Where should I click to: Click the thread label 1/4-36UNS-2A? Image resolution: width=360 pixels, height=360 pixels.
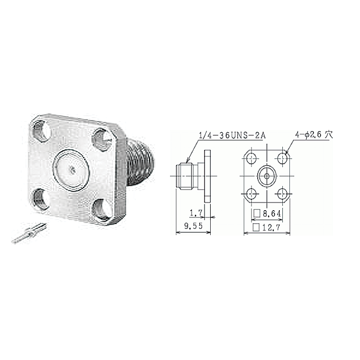[232, 136]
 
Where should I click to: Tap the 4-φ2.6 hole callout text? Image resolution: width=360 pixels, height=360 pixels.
[313, 135]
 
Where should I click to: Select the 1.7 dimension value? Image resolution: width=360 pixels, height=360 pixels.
[196, 214]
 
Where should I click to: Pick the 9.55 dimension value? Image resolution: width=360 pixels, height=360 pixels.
[193, 226]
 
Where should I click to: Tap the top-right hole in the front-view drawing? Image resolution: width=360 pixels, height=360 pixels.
[282, 158]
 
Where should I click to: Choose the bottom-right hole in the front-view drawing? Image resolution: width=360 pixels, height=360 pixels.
[282, 194]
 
